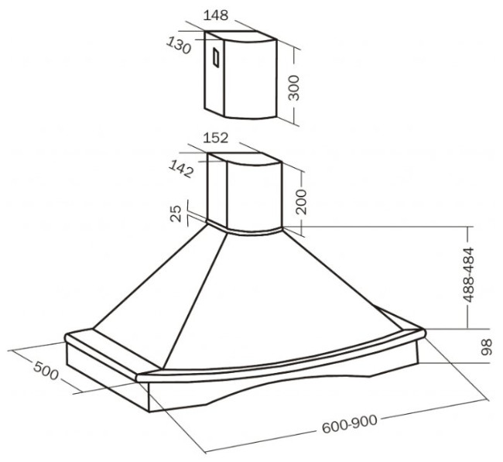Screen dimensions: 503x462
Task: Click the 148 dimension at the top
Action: click(216, 15)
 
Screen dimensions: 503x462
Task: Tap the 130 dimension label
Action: click(179, 45)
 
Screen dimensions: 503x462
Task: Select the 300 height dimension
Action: click(293, 87)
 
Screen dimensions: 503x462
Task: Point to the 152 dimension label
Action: click(216, 138)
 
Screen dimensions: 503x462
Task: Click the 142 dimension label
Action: click(181, 169)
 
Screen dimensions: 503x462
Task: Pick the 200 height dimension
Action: click(301, 201)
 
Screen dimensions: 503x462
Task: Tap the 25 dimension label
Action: click(176, 214)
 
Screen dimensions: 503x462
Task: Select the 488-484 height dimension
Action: click(468, 274)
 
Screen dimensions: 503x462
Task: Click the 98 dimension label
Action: click(487, 347)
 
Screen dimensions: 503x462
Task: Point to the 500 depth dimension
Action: click(46, 370)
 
